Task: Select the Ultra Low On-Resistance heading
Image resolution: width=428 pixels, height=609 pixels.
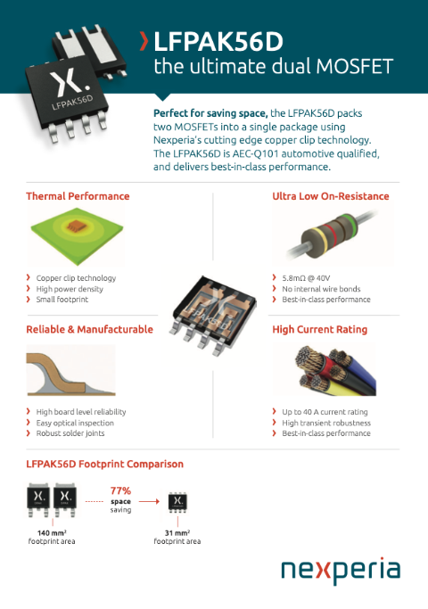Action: tap(330, 196)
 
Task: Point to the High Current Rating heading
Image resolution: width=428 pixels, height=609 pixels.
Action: tap(319, 329)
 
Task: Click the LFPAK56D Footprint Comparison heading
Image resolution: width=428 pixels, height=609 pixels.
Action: tap(105, 464)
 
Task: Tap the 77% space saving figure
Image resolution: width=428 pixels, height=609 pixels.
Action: tap(121, 497)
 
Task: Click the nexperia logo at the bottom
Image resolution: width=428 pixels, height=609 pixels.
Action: tap(341, 572)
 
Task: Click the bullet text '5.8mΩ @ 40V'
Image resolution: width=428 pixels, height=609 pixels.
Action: tap(304, 278)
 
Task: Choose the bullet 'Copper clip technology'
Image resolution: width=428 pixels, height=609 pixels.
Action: tap(76, 278)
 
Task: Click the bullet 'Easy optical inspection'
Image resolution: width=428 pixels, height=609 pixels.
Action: tap(75, 423)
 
